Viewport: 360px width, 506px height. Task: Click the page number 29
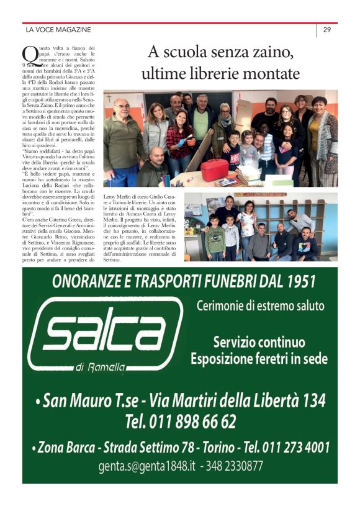[326, 30]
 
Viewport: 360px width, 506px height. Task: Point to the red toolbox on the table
[215, 169]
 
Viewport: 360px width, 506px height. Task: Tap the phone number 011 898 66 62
[181, 423]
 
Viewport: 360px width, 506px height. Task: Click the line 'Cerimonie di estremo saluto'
[260, 306]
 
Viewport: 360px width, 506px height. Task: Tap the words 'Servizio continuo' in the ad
[259, 342]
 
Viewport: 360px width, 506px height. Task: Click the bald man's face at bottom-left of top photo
[158, 156]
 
